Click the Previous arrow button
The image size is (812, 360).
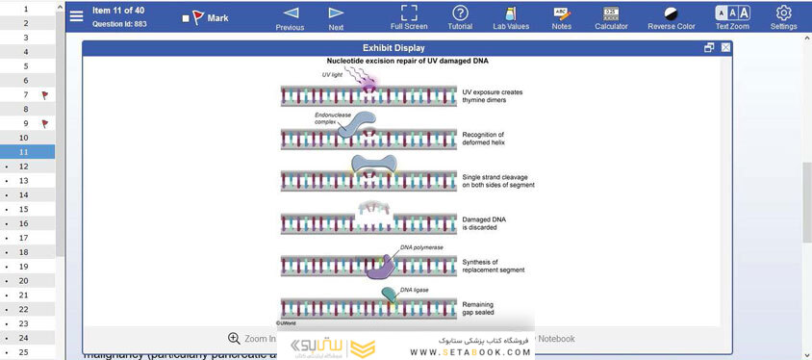(x=290, y=13)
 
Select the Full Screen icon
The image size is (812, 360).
(x=409, y=13)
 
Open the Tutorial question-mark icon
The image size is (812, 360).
(x=460, y=13)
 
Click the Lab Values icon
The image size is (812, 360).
(x=510, y=13)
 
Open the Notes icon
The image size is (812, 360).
(x=561, y=13)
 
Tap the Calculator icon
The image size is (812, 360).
(x=611, y=13)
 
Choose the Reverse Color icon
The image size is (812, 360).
(x=672, y=13)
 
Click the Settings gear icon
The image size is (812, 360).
(x=783, y=13)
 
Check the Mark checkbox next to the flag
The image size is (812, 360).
(x=186, y=18)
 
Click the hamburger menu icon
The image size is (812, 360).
(x=77, y=16)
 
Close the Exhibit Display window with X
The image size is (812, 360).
(x=725, y=47)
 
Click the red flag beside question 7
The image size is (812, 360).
(x=44, y=95)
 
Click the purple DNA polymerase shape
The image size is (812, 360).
(x=381, y=267)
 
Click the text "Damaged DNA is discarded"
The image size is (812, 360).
(x=485, y=223)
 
